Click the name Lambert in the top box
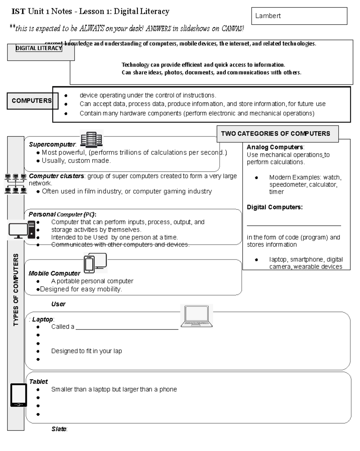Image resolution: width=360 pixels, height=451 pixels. click(x=268, y=16)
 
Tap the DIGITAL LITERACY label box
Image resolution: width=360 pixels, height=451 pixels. click(x=39, y=48)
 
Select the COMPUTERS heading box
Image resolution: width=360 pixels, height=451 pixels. click(x=32, y=101)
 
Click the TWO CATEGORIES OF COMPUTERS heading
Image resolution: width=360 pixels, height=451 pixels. click(x=275, y=134)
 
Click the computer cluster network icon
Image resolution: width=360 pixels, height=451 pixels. click(x=16, y=183)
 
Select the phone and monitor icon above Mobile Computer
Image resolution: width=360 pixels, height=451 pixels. click(x=95, y=263)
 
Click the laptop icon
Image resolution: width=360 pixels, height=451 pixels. click(x=196, y=316)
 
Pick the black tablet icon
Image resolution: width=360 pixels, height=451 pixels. click(x=19, y=395)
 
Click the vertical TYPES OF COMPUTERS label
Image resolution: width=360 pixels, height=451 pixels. click(x=16, y=290)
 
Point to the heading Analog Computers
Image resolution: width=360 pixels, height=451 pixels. click(x=275, y=147)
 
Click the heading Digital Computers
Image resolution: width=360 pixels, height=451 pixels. click(x=274, y=207)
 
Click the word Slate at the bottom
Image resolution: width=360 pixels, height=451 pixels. click(x=59, y=429)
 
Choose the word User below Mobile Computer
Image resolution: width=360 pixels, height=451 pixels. click(x=58, y=304)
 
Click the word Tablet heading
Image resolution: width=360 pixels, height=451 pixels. click(x=38, y=382)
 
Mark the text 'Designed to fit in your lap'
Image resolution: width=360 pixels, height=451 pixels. click(x=86, y=351)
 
